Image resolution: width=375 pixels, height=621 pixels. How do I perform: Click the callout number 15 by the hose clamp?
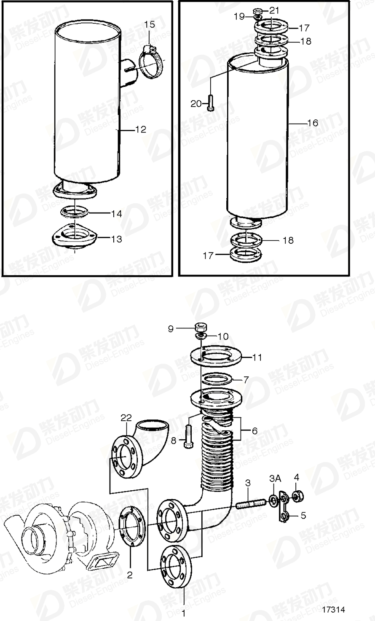click(150, 24)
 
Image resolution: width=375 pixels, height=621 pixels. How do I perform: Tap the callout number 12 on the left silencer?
click(141, 129)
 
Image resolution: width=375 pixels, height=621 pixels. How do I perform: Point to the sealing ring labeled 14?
click(74, 212)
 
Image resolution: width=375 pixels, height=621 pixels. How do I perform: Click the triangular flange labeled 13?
click(74, 237)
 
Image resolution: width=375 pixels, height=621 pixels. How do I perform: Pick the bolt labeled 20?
click(211, 102)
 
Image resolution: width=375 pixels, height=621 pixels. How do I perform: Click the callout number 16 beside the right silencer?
click(313, 123)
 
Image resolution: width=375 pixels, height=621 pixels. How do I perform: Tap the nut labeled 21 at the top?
click(257, 11)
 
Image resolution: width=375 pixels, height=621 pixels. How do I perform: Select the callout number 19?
click(239, 17)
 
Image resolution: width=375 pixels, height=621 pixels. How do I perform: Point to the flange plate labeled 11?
click(216, 357)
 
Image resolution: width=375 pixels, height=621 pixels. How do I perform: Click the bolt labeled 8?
click(187, 437)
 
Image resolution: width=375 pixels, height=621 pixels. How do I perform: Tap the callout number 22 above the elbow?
click(126, 418)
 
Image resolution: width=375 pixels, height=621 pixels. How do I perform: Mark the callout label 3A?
click(275, 479)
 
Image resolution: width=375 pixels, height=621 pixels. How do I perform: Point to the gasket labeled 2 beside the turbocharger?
click(132, 523)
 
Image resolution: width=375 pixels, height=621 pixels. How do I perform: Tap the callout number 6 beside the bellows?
click(254, 430)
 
